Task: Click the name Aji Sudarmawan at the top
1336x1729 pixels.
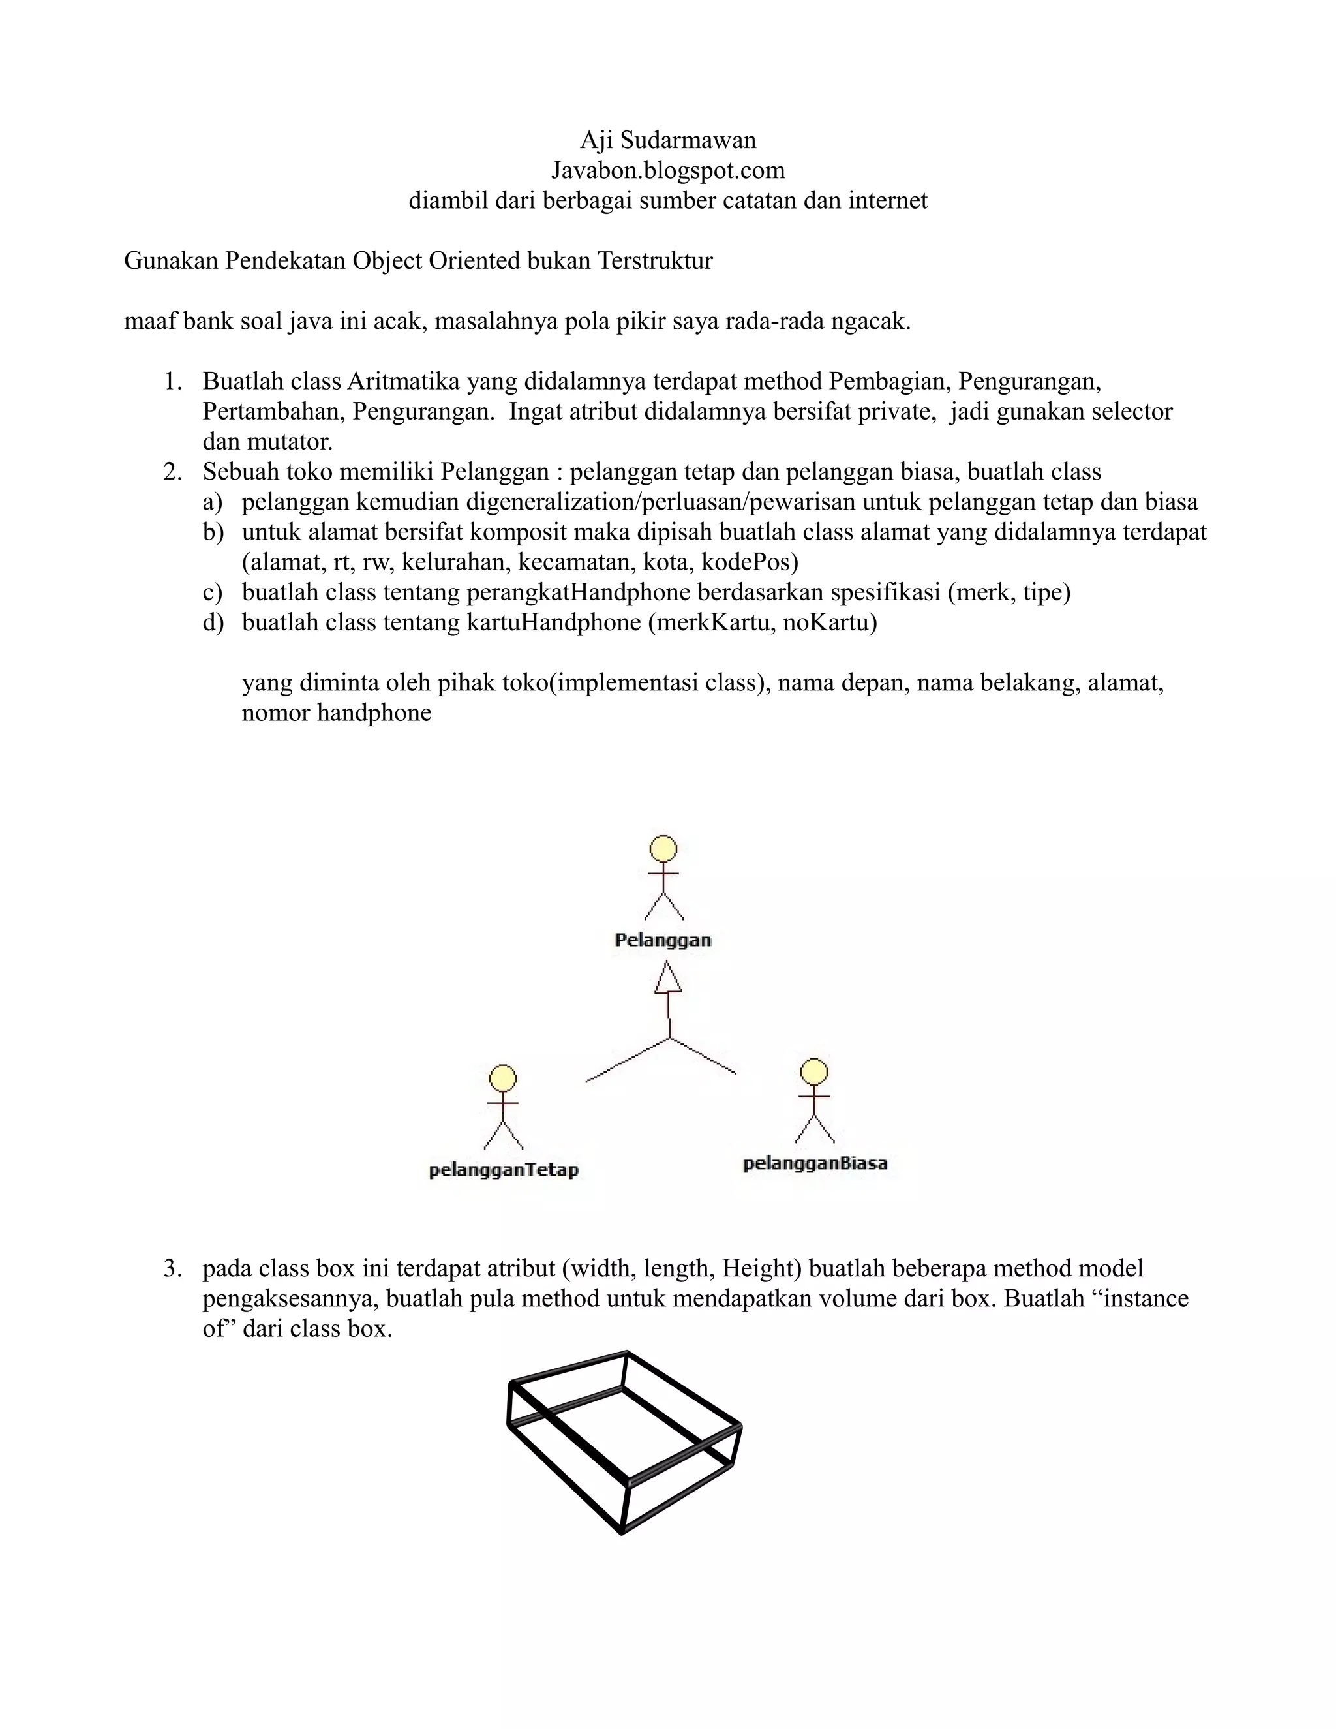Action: click(668, 140)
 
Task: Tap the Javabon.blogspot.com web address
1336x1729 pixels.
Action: click(668, 170)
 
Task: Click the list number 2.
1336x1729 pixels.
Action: click(172, 472)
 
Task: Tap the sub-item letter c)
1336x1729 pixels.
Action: click(212, 592)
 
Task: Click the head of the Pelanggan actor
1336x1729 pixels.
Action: click(663, 848)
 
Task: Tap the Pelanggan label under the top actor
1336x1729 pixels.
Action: click(663, 940)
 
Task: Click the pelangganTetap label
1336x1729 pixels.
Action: click(504, 1170)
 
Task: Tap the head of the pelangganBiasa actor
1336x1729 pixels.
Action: click(814, 1072)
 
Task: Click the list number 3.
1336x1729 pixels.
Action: click(172, 1268)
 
